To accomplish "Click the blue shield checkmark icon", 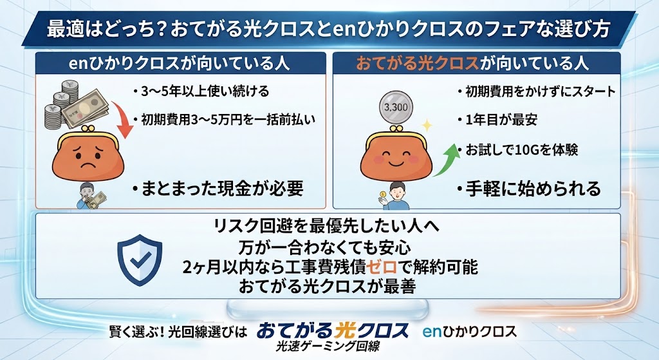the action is coord(140,260).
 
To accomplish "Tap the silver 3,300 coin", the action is coord(396,108).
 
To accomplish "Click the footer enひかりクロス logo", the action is coord(469,332).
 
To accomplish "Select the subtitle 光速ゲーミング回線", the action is coord(328,346).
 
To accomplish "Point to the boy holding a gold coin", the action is coord(396,196).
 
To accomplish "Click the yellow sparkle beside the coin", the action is coord(426,126).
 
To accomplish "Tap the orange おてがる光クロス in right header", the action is coord(417,64).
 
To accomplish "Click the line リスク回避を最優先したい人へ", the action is coord(327,227).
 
